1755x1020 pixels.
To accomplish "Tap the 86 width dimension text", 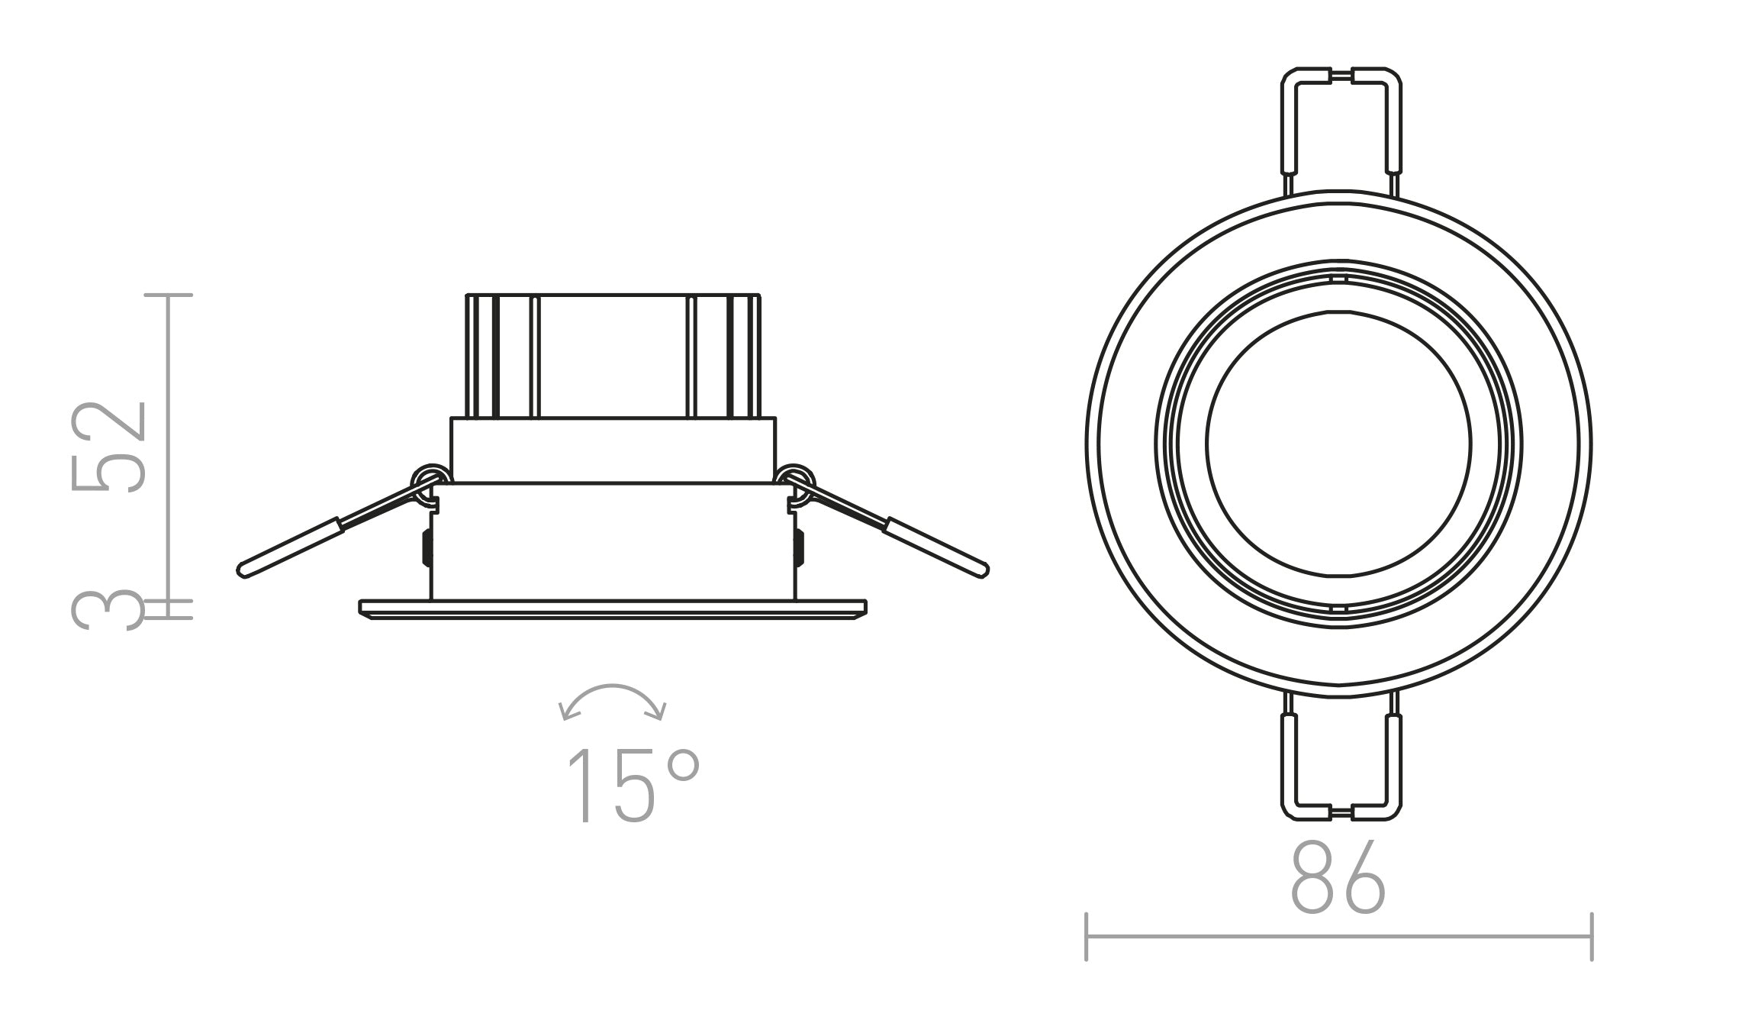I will coord(1337,877).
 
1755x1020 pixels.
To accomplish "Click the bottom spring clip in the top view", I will coord(1340,763).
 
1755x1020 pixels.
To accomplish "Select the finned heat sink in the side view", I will coord(613,355).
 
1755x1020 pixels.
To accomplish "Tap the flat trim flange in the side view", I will coord(613,608).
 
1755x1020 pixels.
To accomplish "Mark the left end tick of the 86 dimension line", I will coord(1086,937).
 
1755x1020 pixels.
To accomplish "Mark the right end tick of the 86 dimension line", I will coord(1591,937).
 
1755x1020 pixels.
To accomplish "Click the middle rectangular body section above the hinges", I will coord(613,450).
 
